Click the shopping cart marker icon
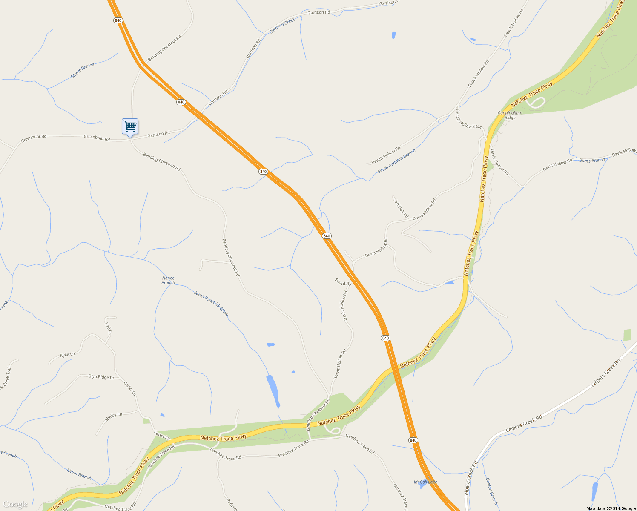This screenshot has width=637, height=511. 130,126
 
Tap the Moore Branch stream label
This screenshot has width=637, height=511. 83,70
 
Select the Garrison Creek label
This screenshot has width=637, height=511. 282,26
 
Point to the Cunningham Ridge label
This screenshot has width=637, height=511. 510,115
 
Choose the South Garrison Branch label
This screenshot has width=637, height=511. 396,161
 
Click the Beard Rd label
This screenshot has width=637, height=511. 343,282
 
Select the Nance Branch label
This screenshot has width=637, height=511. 168,280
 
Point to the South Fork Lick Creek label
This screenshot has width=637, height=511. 211,303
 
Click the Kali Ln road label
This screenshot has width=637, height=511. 108,328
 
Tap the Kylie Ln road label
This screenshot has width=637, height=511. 67,354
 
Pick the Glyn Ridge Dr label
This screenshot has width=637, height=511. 101,377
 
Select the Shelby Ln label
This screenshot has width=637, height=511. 113,417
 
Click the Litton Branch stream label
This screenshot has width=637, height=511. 79,474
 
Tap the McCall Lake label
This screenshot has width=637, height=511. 425,482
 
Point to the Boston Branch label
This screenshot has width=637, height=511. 491,491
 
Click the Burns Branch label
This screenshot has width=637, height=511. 592,161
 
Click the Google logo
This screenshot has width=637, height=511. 15,505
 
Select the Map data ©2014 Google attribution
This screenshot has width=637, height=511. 611,508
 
